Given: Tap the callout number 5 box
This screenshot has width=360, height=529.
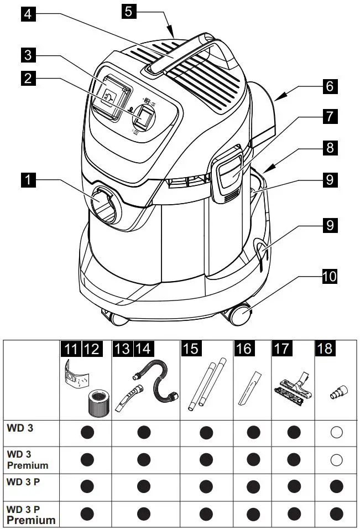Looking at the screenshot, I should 128,12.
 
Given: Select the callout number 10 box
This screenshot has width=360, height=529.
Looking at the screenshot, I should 328,276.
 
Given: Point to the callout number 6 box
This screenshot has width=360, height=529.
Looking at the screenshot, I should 328,87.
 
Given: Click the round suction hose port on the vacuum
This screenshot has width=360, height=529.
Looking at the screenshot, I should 104,205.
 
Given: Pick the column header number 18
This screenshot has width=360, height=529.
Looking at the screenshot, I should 325,349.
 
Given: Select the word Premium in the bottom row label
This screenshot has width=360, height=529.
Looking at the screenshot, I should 31,520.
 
